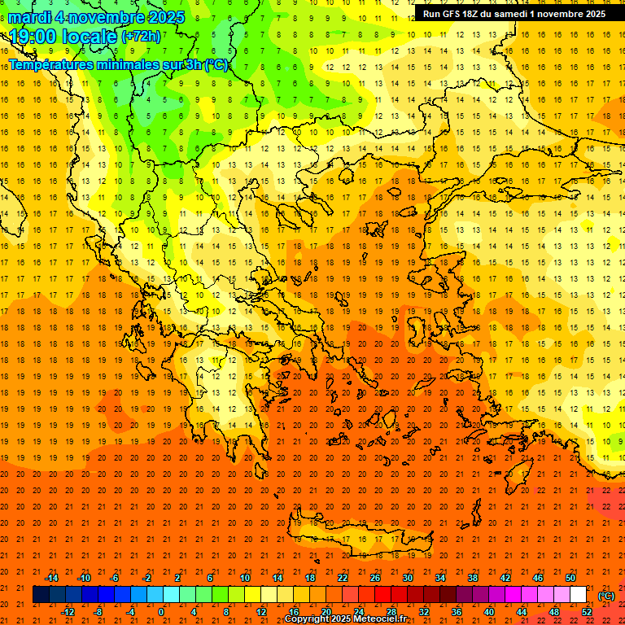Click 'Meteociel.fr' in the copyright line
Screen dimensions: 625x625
tap(380, 619)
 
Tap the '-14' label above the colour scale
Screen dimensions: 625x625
tap(51, 578)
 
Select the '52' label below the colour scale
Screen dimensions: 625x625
tap(587, 612)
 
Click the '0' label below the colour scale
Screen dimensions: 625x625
tap(161, 612)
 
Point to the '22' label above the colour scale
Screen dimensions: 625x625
tap(343, 578)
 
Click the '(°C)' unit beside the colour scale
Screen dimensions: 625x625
tap(606, 596)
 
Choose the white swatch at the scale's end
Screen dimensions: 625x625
tap(579, 595)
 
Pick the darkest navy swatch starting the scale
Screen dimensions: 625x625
tap(41, 595)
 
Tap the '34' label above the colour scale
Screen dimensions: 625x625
tap(440, 578)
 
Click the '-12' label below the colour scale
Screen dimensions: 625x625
tap(68, 612)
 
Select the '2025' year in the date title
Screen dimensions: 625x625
tap(162, 17)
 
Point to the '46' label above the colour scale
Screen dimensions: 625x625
tap(538, 578)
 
